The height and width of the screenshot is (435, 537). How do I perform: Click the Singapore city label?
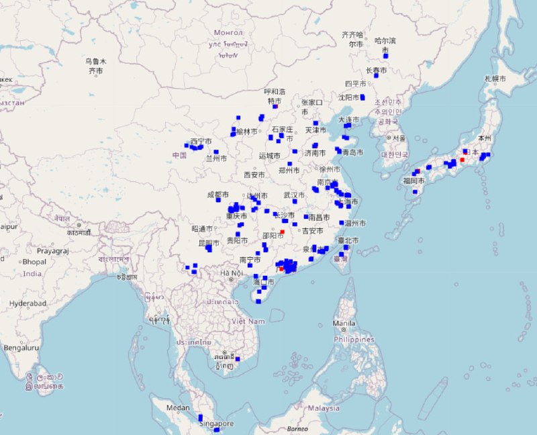click(x=216, y=424)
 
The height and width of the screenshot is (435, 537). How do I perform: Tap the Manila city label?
click(x=343, y=324)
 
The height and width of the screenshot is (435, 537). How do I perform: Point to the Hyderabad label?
click(x=28, y=303)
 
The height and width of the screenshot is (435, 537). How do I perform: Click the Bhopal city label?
click(x=34, y=261)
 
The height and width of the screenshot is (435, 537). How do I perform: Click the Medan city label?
click(x=178, y=407)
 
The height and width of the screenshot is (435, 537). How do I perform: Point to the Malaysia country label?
click(x=324, y=407)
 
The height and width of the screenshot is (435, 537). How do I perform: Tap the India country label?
click(x=32, y=273)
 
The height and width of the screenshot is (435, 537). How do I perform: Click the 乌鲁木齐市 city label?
click(x=95, y=66)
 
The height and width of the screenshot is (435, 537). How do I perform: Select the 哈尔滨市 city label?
click(x=385, y=45)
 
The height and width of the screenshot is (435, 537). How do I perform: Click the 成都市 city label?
click(x=219, y=195)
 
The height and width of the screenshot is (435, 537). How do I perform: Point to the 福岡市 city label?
click(x=412, y=181)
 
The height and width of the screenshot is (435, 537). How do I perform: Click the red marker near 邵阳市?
click(x=283, y=232)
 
